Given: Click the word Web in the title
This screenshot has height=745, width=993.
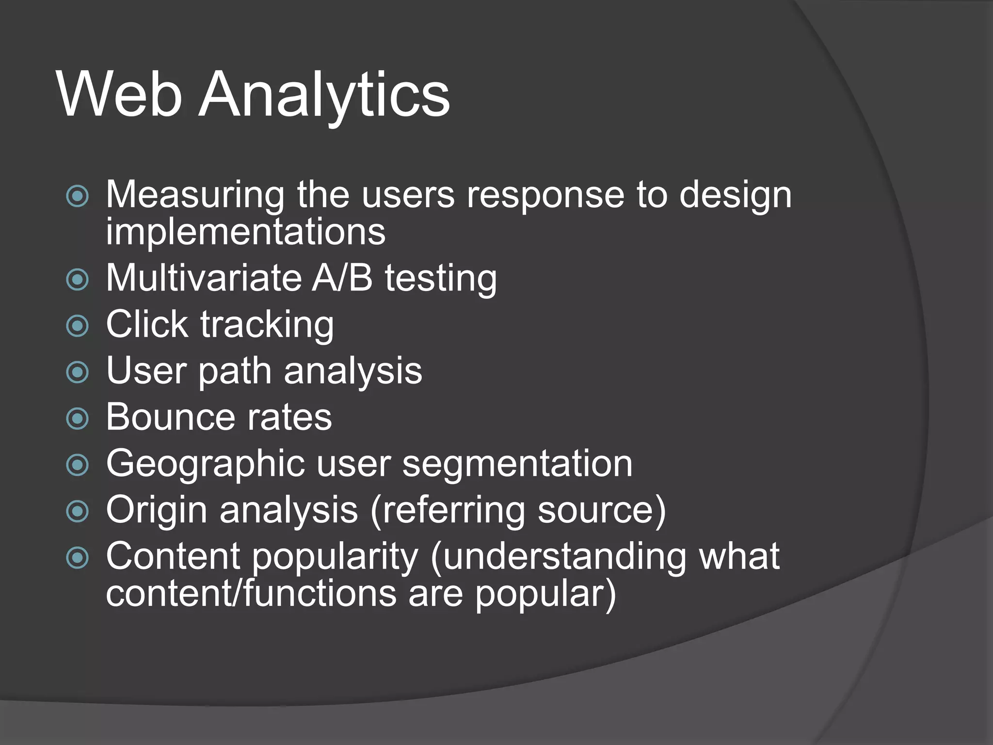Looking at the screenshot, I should [119, 94].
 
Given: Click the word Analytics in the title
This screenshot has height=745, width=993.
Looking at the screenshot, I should [324, 94].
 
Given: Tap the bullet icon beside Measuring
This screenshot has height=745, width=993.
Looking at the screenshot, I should [78, 196].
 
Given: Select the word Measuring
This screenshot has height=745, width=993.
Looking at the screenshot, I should [195, 195].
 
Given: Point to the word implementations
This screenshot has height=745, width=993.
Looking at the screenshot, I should [246, 232].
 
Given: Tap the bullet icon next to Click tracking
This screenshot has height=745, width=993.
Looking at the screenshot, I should [78, 325].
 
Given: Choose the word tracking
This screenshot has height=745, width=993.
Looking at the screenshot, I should [267, 324].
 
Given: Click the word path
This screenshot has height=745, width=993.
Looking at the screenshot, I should [235, 372].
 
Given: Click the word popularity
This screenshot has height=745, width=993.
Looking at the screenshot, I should [335, 557].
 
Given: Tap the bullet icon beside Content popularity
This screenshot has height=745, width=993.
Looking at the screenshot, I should [78, 557].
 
